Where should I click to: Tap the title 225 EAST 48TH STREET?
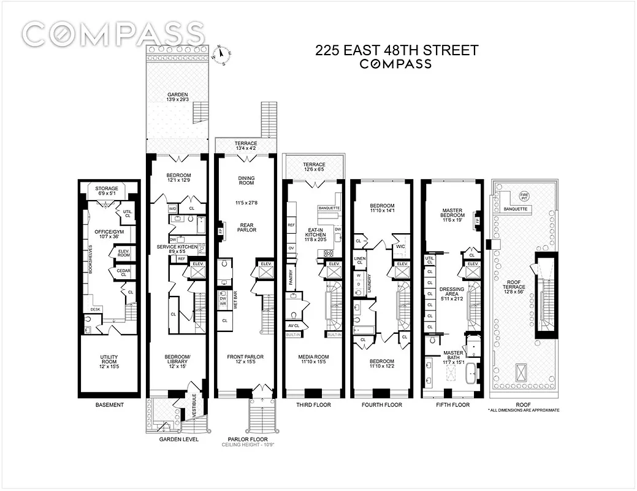tap(396, 51)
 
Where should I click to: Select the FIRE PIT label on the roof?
tap(523, 198)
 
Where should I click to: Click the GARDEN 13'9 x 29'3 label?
tap(177, 97)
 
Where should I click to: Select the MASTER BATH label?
tap(453, 357)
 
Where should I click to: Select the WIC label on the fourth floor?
tap(402, 247)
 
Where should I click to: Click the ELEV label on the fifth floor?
tap(471, 265)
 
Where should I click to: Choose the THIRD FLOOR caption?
tap(313, 405)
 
